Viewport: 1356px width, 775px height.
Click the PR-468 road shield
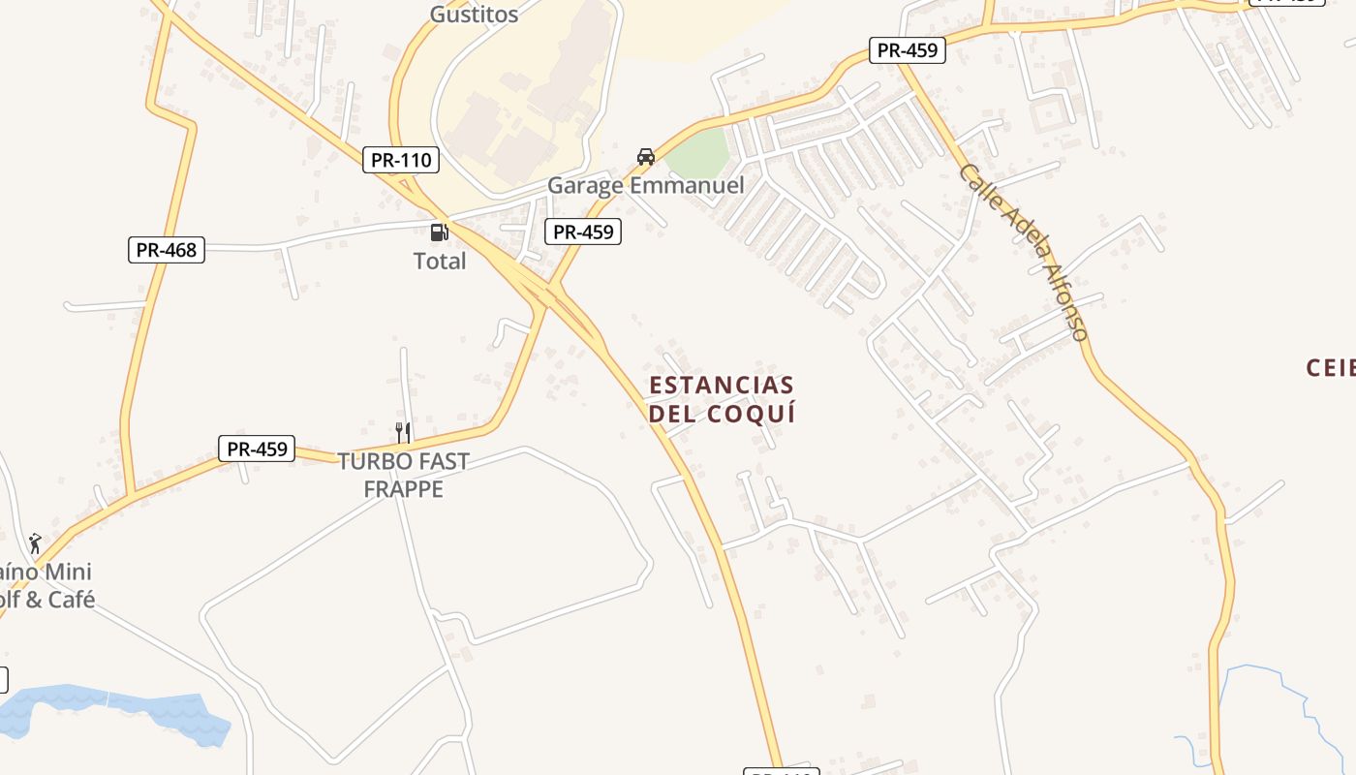pos(167,250)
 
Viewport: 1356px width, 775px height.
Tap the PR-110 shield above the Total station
pos(401,160)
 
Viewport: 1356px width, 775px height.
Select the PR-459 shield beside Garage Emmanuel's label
pos(582,232)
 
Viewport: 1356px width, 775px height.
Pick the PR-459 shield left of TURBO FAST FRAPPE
pos(257,449)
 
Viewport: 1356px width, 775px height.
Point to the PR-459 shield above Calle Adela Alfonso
pos(907,50)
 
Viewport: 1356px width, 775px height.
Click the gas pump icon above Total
pos(439,232)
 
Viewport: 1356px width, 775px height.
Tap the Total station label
pos(440,261)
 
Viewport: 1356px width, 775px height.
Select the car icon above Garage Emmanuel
pos(646,157)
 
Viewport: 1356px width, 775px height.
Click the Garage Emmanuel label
pos(646,185)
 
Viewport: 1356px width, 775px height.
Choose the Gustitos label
pos(474,15)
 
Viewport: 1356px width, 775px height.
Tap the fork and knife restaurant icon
pos(403,432)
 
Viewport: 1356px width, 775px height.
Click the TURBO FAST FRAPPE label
pos(403,475)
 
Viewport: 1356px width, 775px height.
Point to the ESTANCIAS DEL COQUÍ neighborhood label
pos(722,399)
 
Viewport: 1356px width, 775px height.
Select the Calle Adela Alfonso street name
pos(1025,252)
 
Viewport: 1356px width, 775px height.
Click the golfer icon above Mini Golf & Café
pos(35,542)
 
